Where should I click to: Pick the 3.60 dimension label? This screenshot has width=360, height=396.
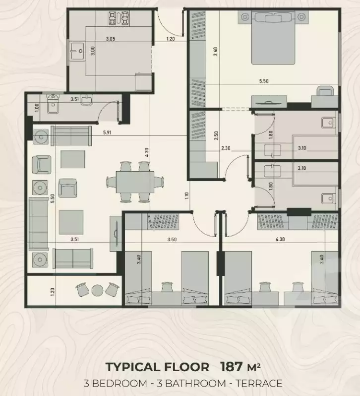(x=215, y=52)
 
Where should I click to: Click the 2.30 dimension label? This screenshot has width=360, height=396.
(x=226, y=148)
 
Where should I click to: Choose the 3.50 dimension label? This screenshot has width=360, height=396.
(x=172, y=239)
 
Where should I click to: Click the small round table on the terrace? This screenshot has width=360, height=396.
(x=98, y=290)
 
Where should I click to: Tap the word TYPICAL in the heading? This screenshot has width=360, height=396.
(x=133, y=367)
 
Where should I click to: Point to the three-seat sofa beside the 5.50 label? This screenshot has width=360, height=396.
(x=36, y=224)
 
